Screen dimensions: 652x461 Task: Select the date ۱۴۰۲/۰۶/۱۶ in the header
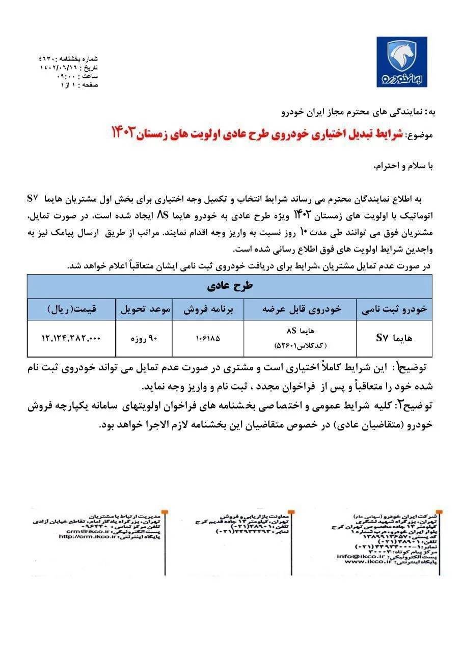click(55, 67)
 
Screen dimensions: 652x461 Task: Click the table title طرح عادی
click(230, 286)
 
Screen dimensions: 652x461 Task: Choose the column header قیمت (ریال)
click(72, 309)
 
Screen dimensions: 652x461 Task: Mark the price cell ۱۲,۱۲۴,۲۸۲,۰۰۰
click(72, 338)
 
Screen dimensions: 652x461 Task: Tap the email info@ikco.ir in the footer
click(359, 556)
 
